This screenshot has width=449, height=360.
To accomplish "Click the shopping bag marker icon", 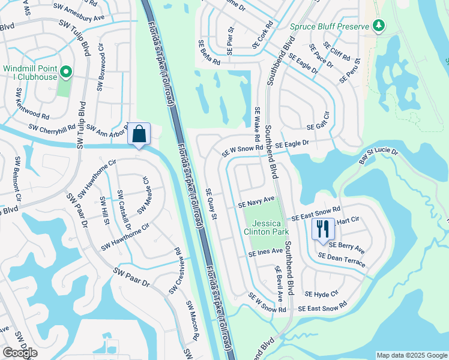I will click(x=139, y=134).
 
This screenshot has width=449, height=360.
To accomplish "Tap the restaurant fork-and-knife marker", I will click(x=323, y=229).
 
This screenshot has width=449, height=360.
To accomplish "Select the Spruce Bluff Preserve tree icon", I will click(x=378, y=25).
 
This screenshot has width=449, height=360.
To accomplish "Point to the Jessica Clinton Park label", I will click(x=266, y=227).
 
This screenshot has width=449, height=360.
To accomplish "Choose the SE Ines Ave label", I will click(x=265, y=253).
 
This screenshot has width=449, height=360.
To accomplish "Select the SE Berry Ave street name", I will click(x=346, y=247).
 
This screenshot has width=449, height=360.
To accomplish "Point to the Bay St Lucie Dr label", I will click(x=378, y=156).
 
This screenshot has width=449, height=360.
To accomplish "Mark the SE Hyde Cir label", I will click(x=321, y=294).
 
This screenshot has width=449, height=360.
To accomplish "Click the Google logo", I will click(x=20, y=353).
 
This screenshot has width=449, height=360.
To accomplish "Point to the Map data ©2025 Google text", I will click(x=411, y=355).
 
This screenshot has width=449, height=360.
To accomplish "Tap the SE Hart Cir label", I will click(x=346, y=220).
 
